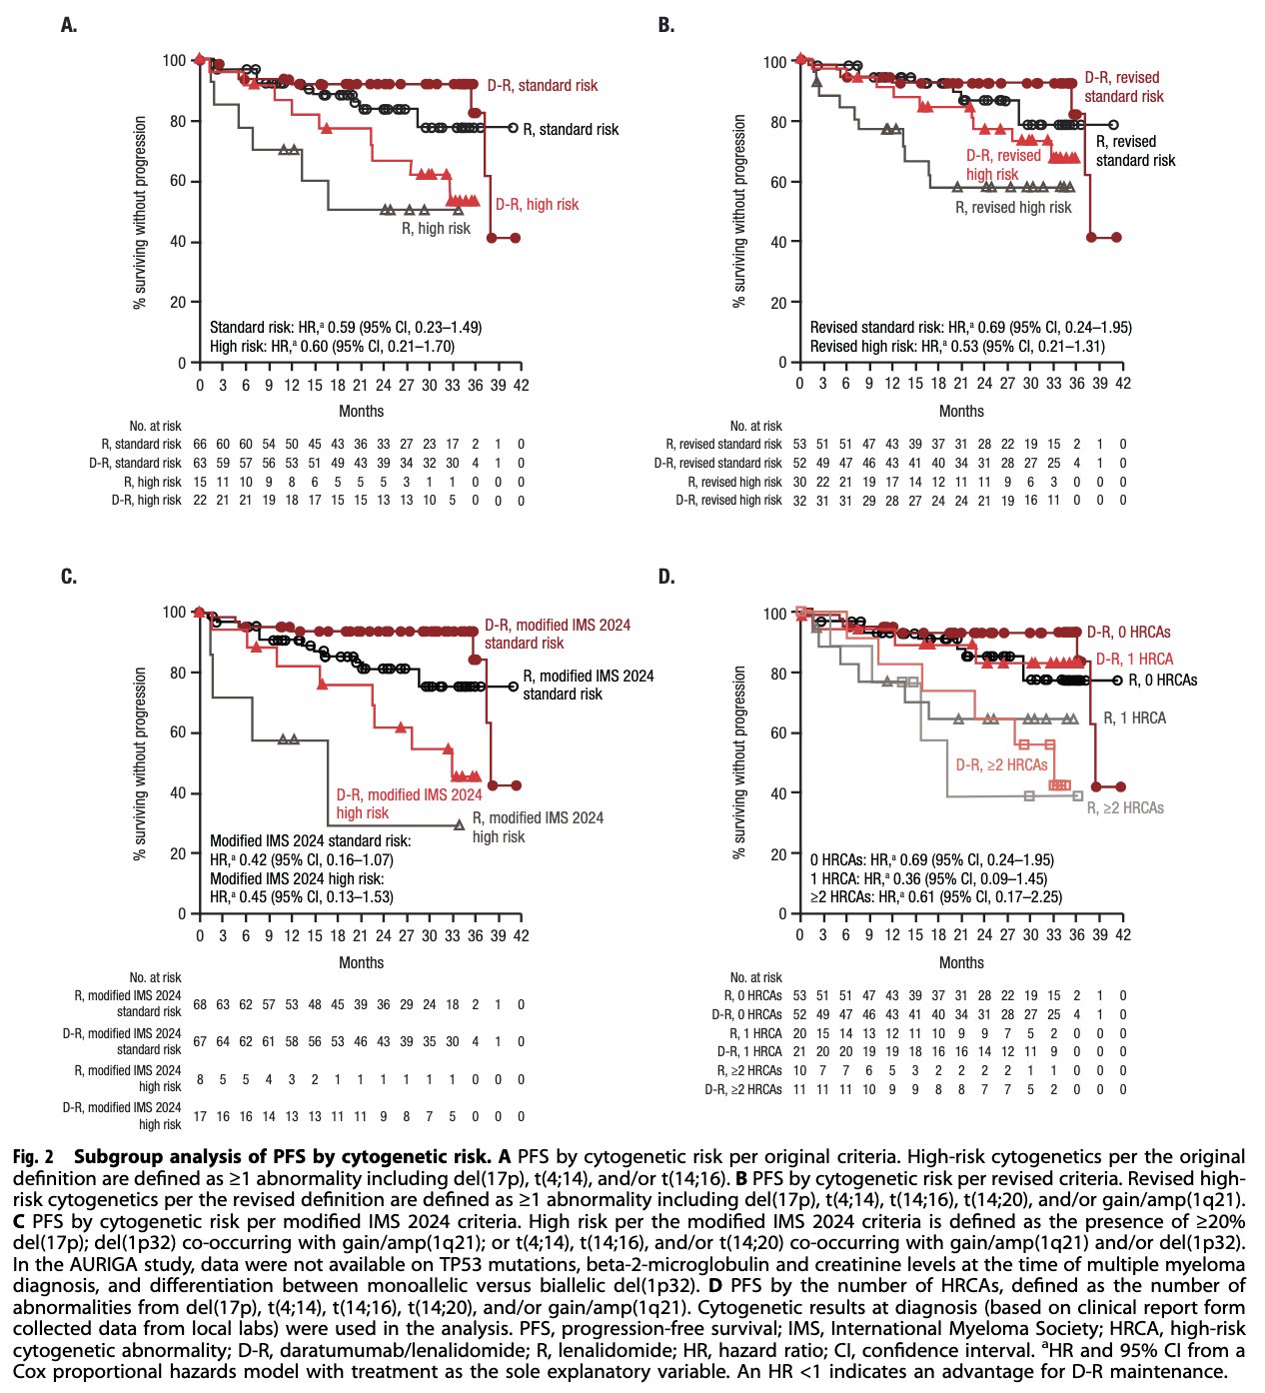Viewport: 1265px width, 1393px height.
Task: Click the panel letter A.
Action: point(68,25)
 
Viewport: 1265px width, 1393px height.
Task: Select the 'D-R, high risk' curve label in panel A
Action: point(537,205)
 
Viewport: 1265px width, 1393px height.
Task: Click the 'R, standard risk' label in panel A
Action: point(571,129)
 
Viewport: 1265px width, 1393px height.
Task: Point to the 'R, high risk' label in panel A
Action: point(436,229)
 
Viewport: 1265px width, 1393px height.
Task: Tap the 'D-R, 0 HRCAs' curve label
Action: point(1128,633)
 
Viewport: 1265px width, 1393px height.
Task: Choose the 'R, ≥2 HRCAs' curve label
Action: point(1125,807)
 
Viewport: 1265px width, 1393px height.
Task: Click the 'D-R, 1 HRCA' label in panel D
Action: point(1134,660)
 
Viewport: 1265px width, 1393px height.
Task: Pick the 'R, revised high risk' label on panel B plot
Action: point(1013,208)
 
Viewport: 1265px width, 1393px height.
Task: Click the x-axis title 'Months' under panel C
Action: point(361,963)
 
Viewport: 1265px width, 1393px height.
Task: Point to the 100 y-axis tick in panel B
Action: point(775,62)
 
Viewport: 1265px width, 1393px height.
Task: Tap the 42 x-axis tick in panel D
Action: point(1122,935)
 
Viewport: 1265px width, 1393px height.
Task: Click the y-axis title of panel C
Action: point(141,762)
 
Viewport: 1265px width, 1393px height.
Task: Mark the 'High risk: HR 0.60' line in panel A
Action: point(332,347)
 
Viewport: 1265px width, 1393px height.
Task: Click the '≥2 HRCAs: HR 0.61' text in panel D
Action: point(935,897)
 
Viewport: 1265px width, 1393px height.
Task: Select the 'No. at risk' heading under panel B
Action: point(756,426)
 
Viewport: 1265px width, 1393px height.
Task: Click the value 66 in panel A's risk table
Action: point(199,444)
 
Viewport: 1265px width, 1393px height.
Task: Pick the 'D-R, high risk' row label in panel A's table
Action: point(146,501)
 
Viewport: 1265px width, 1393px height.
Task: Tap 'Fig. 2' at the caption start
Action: point(33,1157)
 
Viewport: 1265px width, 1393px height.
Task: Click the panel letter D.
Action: point(666,577)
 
